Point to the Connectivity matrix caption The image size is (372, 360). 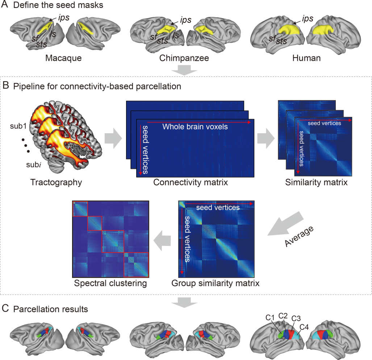tap(191, 182)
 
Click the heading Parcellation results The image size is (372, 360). tap(50, 309)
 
